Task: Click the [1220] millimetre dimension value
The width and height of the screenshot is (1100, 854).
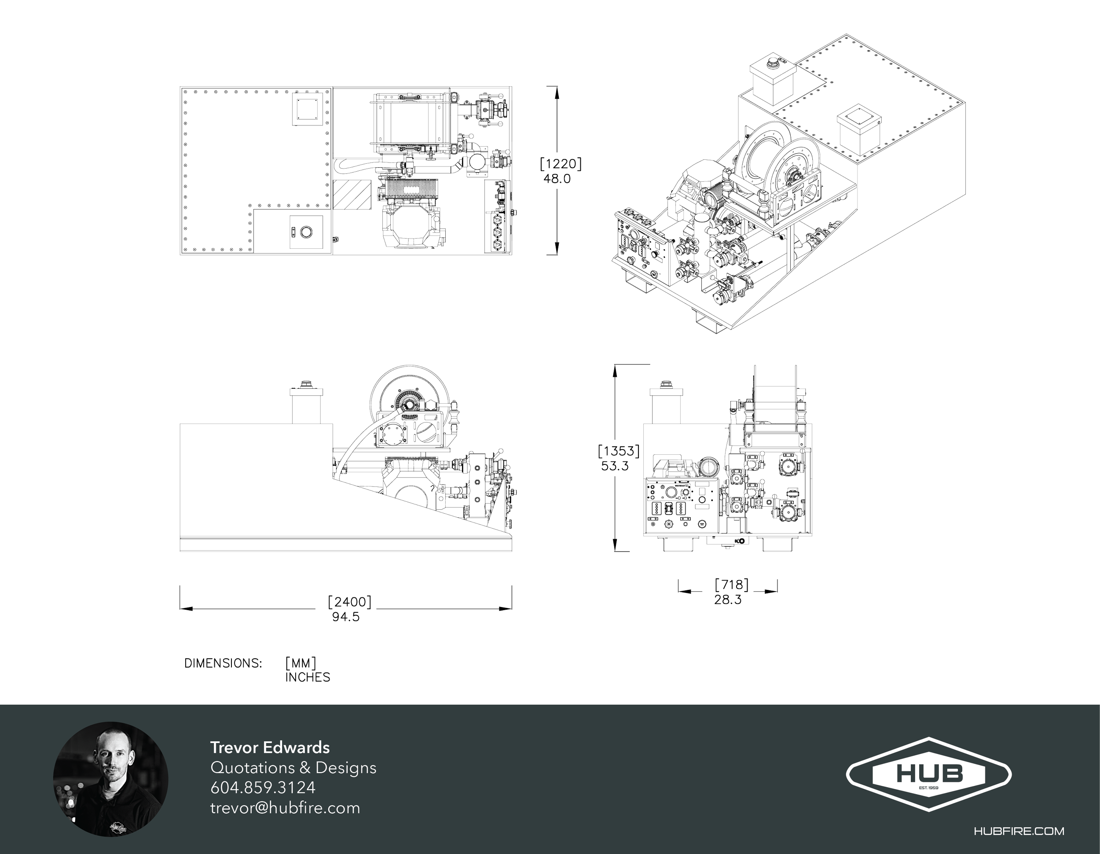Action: (561, 164)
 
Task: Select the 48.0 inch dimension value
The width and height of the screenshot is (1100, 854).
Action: (557, 179)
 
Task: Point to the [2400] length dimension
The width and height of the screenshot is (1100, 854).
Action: (349, 602)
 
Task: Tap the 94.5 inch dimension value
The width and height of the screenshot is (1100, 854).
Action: (346, 617)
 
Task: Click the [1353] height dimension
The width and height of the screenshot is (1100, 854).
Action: (619, 451)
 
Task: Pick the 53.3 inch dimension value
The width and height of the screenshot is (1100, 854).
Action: (615, 466)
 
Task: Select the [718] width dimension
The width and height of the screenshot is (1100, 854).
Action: (732, 585)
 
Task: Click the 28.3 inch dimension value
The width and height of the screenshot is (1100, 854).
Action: (728, 600)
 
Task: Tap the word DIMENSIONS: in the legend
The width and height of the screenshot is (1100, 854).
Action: (224, 663)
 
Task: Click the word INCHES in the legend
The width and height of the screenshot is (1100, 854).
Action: (308, 677)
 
